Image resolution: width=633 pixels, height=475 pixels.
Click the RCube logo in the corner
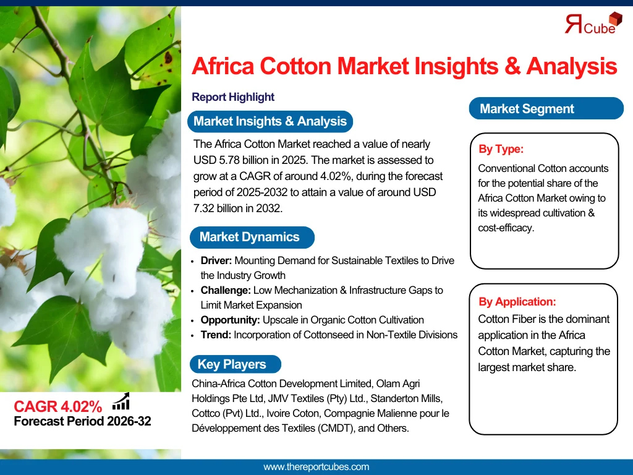(590, 23)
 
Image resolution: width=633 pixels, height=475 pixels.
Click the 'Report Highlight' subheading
(233, 97)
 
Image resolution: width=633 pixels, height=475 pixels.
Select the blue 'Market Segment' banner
(527, 109)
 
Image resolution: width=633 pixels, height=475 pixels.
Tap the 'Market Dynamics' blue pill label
(249, 237)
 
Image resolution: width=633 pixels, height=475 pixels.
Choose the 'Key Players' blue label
(232, 364)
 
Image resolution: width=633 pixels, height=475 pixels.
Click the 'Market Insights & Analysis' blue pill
(270, 121)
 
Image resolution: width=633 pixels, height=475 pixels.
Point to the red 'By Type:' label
(501, 149)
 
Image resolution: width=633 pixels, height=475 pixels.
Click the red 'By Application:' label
(517, 302)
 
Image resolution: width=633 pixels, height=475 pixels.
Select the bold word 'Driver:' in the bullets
(216, 260)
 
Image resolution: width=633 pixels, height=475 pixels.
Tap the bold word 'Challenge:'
(225, 290)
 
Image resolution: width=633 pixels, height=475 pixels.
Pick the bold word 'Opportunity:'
(229, 320)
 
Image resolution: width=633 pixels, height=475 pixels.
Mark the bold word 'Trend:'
(215, 335)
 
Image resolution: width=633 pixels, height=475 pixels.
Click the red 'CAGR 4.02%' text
(57, 406)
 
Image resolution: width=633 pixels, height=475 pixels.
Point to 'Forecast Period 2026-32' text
(82, 422)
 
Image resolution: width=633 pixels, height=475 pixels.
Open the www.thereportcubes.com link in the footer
(316, 467)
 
